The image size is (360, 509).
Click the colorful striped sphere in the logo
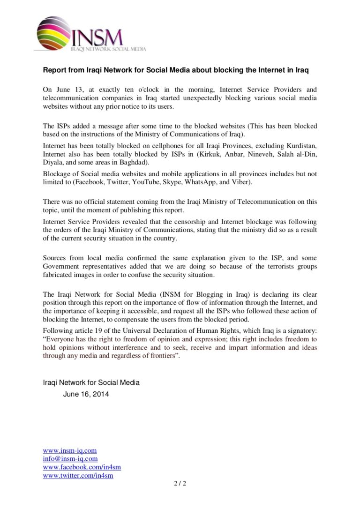click(53, 33)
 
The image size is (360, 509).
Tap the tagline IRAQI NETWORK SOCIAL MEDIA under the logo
click(108, 49)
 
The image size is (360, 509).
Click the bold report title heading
click(175, 70)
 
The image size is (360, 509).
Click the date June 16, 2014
click(86, 394)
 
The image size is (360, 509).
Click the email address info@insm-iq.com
click(70, 459)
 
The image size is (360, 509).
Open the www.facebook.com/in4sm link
click(82, 467)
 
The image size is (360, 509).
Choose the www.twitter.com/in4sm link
click(78, 476)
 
